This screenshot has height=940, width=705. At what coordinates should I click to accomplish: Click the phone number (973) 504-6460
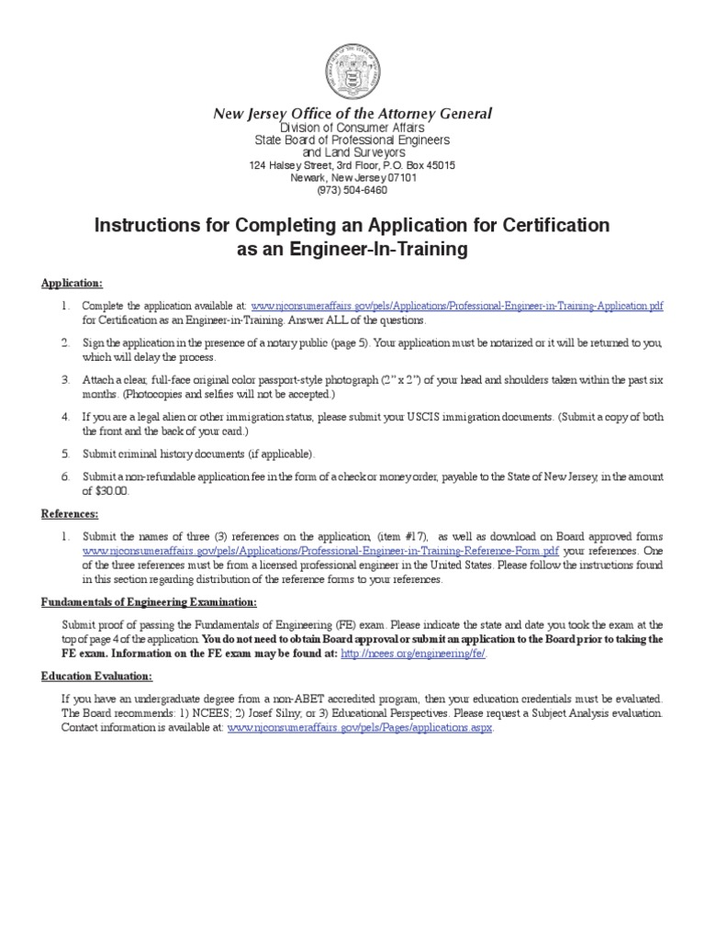coord(352,190)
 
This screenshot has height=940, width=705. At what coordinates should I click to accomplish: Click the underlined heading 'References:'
coord(70,513)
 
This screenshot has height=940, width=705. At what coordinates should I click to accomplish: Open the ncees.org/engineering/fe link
coord(413,653)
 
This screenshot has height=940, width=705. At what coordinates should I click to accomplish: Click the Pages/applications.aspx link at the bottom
coord(360,728)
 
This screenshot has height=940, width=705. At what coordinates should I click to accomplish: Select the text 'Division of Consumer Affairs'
coord(352,127)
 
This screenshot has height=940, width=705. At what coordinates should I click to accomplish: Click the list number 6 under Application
coord(66,477)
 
